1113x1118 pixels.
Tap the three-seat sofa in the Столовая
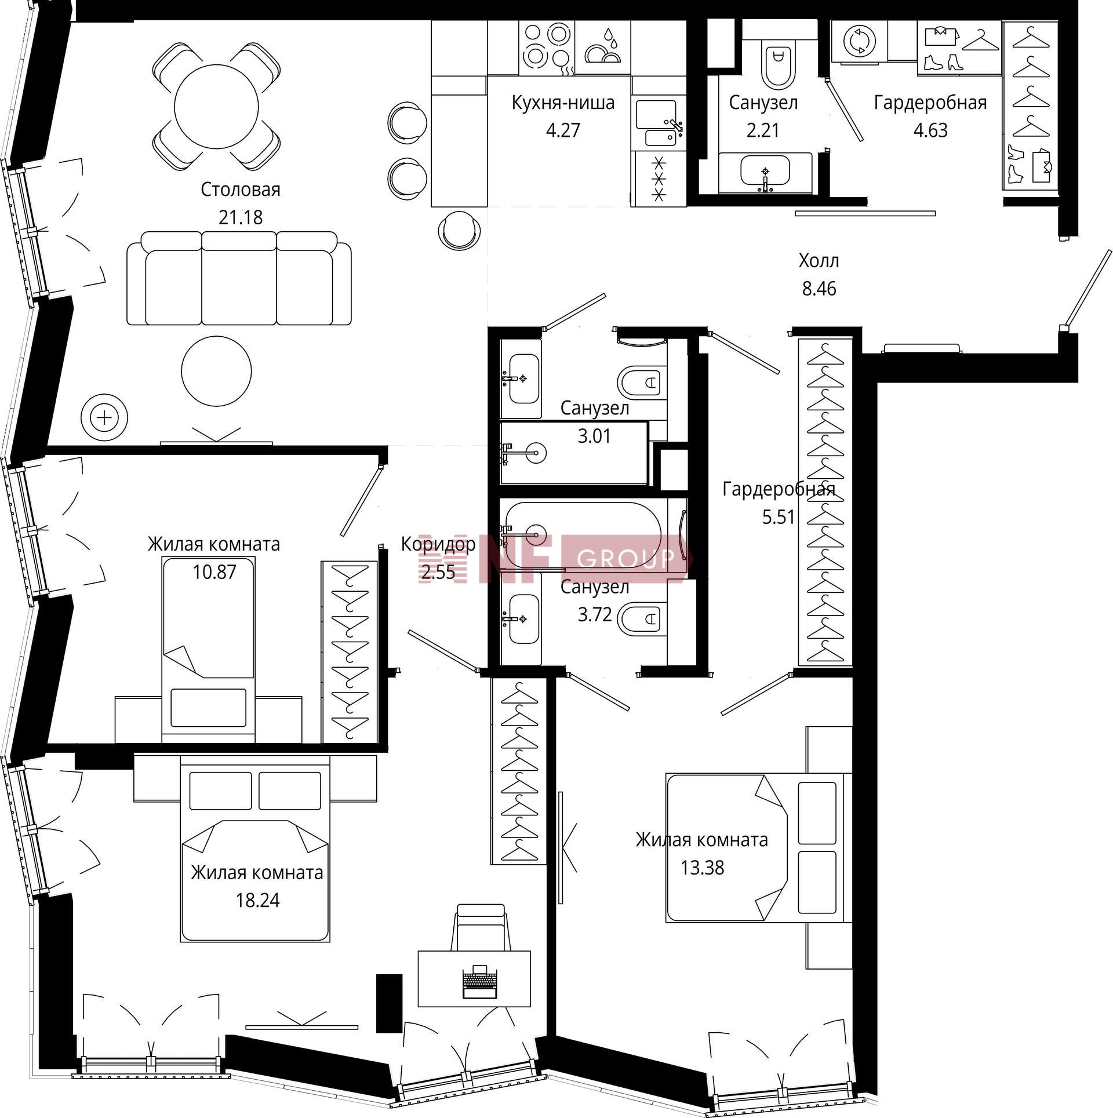click(239, 278)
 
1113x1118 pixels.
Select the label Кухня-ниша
click(563, 103)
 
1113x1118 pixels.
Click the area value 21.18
click(241, 217)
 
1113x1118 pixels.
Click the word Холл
click(819, 261)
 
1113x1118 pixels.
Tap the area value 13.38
click(702, 868)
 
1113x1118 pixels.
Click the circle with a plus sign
click(104, 417)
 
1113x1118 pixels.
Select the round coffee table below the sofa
click(216, 370)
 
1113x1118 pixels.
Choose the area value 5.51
click(779, 516)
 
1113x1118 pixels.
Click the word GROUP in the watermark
click(626, 558)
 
